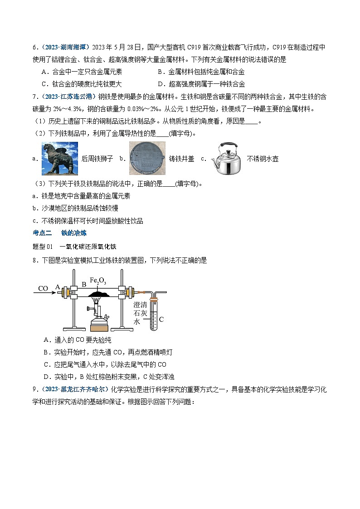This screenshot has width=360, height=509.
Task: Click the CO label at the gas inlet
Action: pos(43,289)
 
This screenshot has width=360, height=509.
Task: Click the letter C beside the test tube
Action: pos(161,319)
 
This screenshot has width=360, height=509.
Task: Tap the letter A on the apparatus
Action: pos(58,286)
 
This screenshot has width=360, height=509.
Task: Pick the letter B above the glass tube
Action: pos(84,285)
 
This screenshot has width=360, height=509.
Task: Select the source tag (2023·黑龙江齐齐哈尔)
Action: pos(70,389)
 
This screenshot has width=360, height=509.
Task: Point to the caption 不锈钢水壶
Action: pos(263,159)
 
